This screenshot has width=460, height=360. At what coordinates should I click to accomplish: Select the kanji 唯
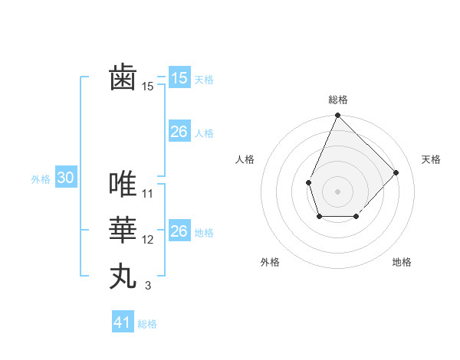[123, 184]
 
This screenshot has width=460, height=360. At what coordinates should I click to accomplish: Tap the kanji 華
[123, 230]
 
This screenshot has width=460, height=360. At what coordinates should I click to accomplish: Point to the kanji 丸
[123, 275]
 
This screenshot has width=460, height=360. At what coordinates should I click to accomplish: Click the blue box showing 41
[123, 322]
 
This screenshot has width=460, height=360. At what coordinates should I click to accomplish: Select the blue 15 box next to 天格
[179, 78]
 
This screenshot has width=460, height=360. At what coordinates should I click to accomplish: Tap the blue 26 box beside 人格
[179, 132]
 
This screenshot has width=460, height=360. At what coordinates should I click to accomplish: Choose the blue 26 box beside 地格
[179, 231]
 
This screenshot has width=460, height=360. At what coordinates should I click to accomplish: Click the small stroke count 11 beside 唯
[148, 194]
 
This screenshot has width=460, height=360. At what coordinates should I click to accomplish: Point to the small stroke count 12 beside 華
[148, 240]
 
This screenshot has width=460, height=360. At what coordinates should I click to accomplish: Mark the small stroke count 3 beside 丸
[148, 286]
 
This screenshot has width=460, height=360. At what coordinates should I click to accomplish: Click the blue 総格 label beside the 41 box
[147, 324]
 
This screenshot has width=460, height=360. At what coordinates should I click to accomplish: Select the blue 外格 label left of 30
[41, 179]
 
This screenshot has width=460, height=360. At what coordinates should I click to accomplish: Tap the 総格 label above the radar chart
[337, 100]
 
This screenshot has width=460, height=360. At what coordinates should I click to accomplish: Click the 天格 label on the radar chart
[431, 159]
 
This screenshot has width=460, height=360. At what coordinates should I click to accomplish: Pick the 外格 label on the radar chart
[270, 262]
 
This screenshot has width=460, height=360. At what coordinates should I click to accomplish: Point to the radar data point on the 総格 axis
[337, 116]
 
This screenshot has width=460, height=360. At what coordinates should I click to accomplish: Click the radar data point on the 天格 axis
[396, 172]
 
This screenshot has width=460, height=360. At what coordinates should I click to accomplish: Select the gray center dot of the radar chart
[337, 191]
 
